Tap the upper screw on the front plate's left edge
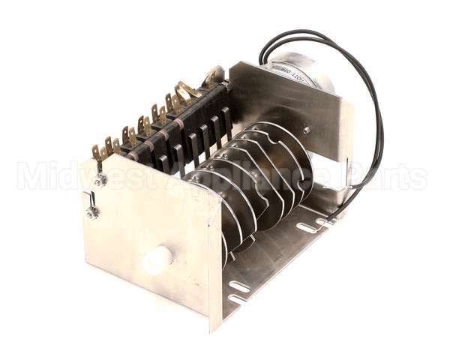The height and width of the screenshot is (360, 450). coord(99,181)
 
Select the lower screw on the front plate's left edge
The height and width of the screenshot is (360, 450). coord(92,213)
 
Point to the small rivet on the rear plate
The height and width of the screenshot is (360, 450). coord(306,130)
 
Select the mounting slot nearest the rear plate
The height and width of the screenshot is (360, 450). coord(327,221)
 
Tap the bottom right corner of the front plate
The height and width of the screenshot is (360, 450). coord(213,331)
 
